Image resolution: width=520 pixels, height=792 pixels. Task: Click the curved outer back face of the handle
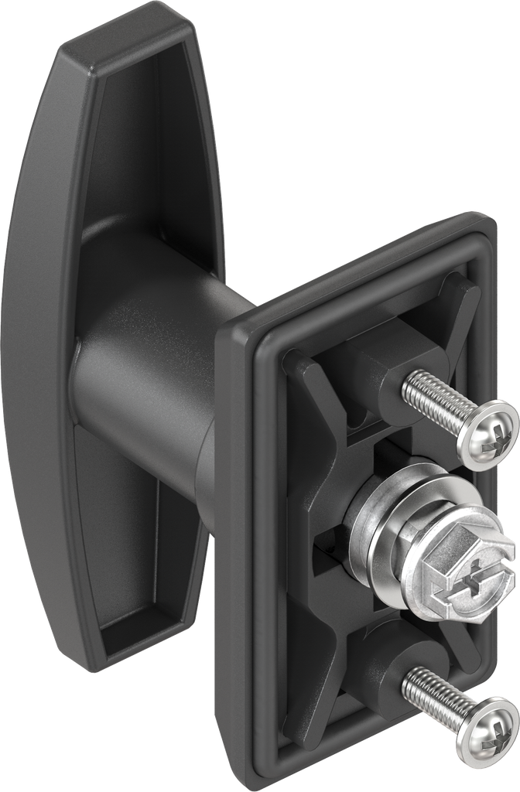[x=31, y=348]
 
